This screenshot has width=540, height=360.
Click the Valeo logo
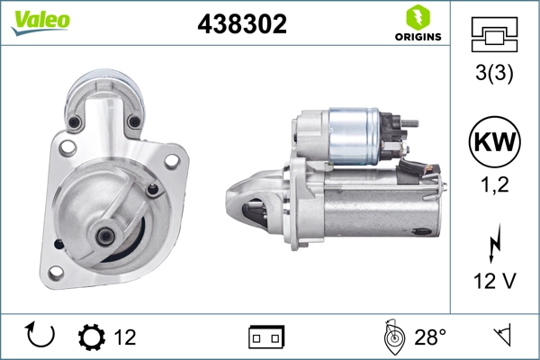click(40, 21)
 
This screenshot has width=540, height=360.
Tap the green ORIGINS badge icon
click(417, 16)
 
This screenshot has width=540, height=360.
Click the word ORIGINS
click(417, 37)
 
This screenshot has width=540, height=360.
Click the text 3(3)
click(494, 76)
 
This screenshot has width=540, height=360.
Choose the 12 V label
click(494, 283)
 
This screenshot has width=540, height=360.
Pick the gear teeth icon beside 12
click(92, 337)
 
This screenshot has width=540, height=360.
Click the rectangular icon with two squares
click(266, 337)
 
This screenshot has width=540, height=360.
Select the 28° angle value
click(430, 337)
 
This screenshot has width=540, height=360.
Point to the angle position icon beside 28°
click(391, 337)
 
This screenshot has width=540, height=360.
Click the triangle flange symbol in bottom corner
click(501, 337)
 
